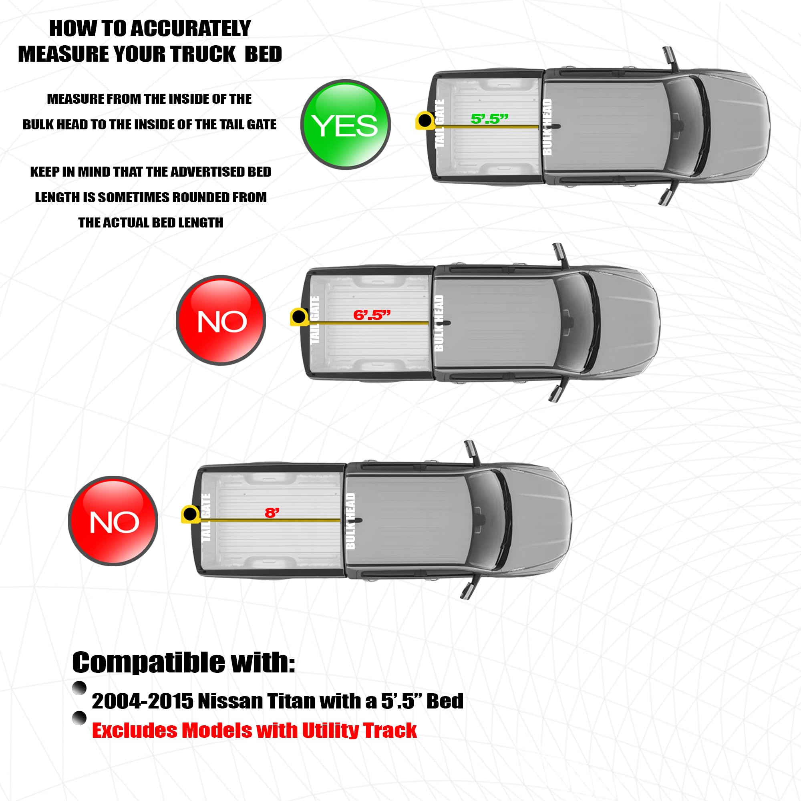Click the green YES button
(345, 125)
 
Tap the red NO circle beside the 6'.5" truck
(221, 320)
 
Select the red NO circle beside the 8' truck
(113, 521)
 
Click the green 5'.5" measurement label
(489, 119)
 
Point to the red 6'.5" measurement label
(372, 315)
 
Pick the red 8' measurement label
(272, 513)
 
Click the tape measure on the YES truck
(425, 121)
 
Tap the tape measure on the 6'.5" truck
(299, 317)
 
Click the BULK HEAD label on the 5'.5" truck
(547, 127)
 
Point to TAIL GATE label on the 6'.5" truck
(315, 320)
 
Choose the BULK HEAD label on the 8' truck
(350, 521)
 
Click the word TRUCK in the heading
(203, 54)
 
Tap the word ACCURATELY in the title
(191, 28)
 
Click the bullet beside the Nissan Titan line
(79, 688)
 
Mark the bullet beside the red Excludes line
(79, 718)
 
